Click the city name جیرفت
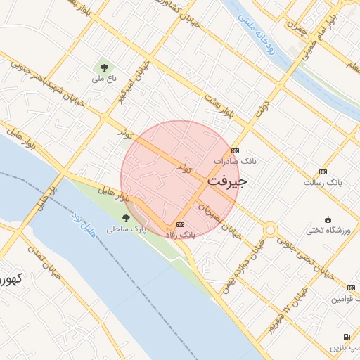(227, 181)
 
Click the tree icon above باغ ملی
(104, 67)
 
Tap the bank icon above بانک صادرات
(235, 150)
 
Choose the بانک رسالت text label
(322, 183)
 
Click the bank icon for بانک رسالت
(323, 172)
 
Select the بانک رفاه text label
(180, 235)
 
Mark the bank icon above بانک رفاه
(180, 224)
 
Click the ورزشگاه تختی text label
(327, 230)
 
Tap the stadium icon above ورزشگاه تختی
(328, 219)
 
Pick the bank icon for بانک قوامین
(352, 287)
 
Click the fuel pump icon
(347, 337)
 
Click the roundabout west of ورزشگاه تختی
(271, 229)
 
